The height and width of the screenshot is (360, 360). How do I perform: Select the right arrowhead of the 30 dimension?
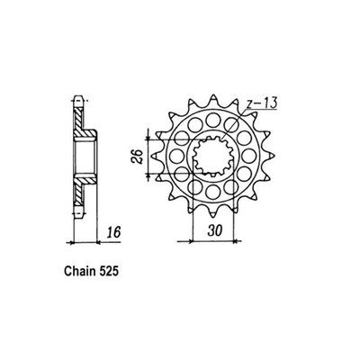236,240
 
